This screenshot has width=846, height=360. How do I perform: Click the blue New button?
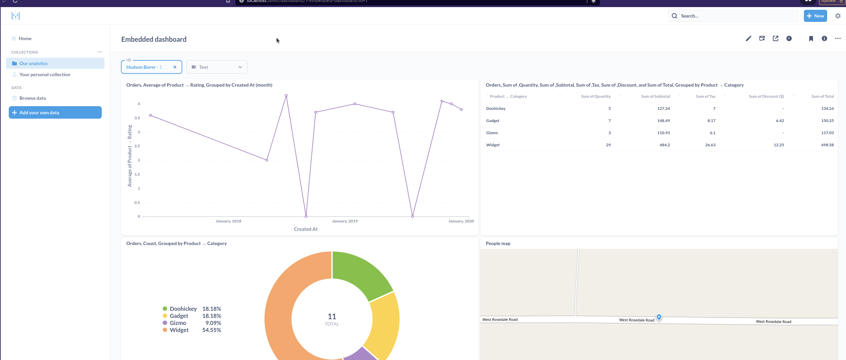(x=815, y=16)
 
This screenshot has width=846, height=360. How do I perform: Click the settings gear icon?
(x=838, y=16)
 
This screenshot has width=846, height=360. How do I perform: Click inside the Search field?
(x=734, y=16)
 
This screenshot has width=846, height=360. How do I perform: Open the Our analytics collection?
(x=33, y=63)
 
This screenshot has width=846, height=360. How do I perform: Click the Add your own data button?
(x=55, y=113)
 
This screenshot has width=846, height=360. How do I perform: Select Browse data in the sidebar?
(x=32, y=98)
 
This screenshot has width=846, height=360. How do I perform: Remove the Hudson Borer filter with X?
(x=175, y=67)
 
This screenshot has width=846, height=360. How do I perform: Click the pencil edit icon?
(x=748, y=38)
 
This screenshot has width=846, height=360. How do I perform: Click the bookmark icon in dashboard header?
(x=811, y=38)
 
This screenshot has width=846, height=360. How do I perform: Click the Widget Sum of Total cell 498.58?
(x=827, y=145)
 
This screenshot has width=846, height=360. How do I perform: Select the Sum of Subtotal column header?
(x=655, y=96)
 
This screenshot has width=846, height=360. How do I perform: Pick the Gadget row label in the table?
(x=493, y=121)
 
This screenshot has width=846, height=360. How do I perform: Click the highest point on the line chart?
(x=286, y=95)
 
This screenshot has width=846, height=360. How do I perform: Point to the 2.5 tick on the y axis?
(x=137, y=146)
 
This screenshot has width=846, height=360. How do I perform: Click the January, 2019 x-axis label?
(x=344, y=221)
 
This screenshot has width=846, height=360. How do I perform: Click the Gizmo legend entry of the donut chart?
(x=178, y=323)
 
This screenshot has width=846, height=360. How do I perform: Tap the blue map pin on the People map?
(x=659, y=317)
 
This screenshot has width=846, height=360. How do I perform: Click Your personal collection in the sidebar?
(x=45, y=74)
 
